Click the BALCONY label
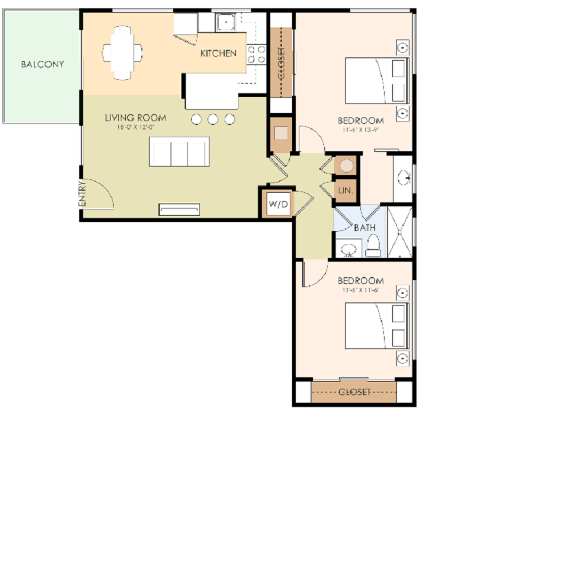pyautogui.click(x=42, y=64)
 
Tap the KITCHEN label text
pyautogui.click(x=218, y=54)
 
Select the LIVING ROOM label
pyautogui.click(x=135, y=118)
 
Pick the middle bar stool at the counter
pyautogui.click(x=213, y=119)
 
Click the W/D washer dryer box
pyautogui.click(x=279, y=205)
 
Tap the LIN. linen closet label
pyautogui.click(x=345, y=191)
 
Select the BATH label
pyautogui.click(x=365, y=227)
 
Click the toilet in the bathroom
pyautogui.click(x=373, y=246)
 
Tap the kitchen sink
pyautogui.click(x=226, y=24)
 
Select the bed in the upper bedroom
pyautogui.click(x=376, y=80)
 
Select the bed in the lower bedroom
pyautogui.click(x=376, y=326)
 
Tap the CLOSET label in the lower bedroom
pyautogui.click(x=354, y=392)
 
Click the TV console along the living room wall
pyautogui.click(x=180, y=209)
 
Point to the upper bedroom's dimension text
pyautogui.click(x=360, y=130)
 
